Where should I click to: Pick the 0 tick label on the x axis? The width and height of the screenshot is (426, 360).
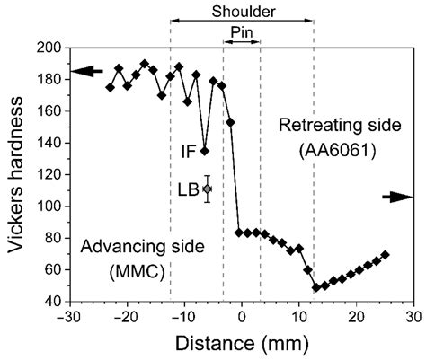point(242,317)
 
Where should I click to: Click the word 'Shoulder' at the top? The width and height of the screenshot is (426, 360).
point(242,12)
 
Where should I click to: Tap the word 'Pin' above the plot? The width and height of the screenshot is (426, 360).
point(242,31)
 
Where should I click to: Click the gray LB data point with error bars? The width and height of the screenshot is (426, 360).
point(208,189)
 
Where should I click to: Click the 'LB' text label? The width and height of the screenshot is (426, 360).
point(188,189)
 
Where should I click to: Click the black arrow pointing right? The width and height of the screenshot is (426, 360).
point(398,196)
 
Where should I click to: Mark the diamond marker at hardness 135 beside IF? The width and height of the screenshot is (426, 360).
point(205,150)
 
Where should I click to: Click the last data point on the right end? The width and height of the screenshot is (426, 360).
point(386,255)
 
